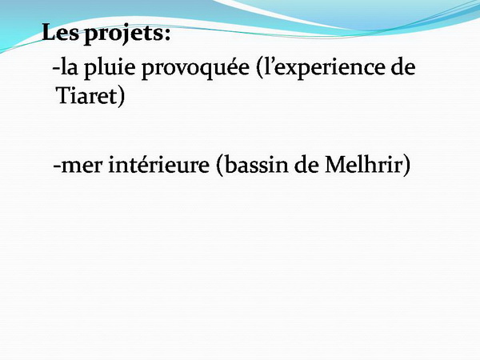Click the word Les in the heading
coord(60,33)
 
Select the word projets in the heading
coord(123,34)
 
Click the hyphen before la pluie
coord(56,68)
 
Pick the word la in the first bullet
coord(69,66)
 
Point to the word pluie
coord(110,69)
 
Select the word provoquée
coord(195,69)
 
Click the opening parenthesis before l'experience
coord(259,69)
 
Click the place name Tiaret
coord(86,95)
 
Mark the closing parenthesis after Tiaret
coord(122,97)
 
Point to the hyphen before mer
coord(57,166)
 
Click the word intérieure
coord(159,165)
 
